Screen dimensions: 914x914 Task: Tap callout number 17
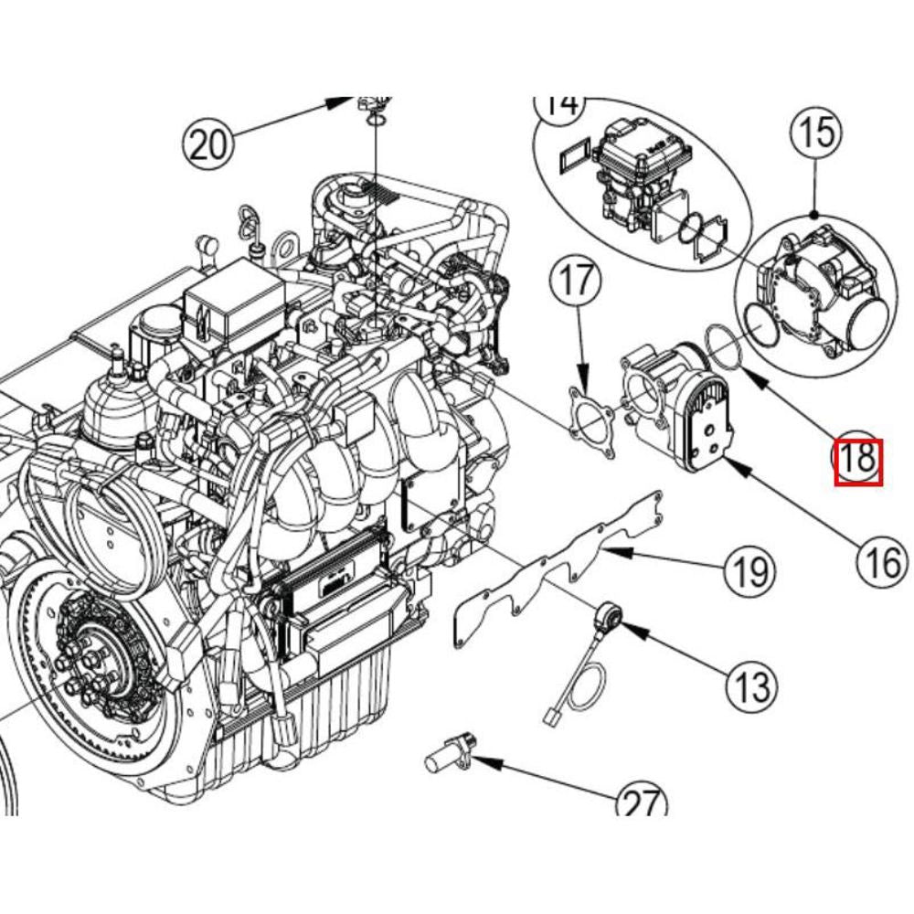(x=577, y=282)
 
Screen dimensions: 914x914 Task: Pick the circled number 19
(x=749, y=573)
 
